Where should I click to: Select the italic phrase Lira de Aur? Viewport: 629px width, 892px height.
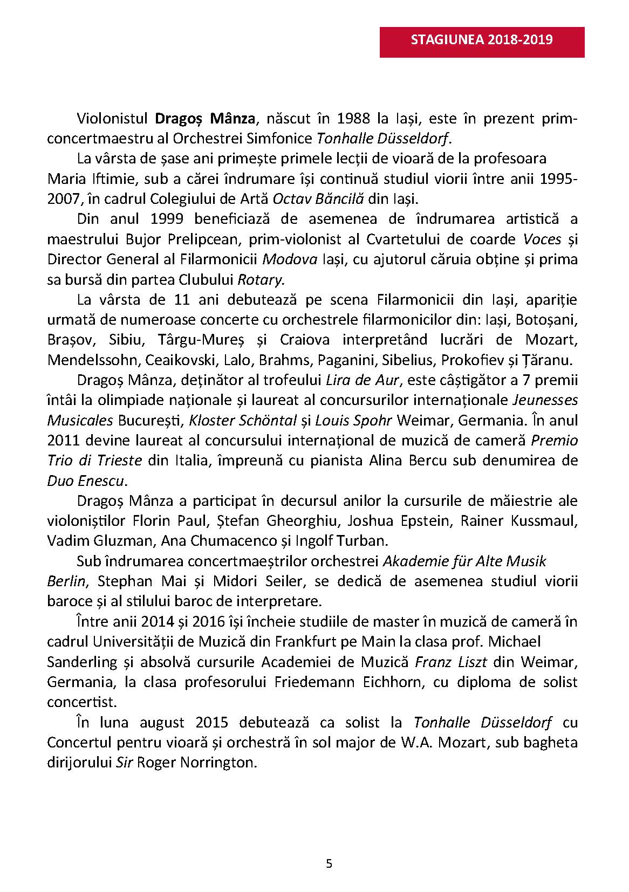click(363, 380)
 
